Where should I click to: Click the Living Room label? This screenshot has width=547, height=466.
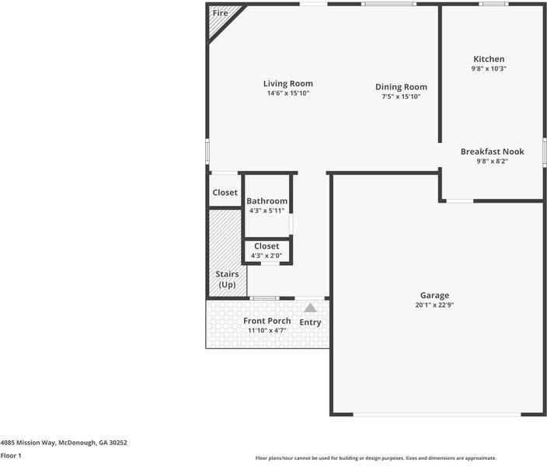click(287, 83)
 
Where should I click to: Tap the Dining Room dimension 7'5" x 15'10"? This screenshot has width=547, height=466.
click(401, 97)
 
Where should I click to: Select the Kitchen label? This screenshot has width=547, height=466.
click(489, 59)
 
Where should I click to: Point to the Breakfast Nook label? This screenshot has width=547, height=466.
click(492, 151)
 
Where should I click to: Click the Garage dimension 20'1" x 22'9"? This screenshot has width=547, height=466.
click(434, 305)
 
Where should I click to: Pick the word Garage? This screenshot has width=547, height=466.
click(434, 295)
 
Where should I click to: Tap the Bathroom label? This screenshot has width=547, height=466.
click(267, 201)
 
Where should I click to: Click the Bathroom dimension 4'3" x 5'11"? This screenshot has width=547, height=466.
click(267, 210)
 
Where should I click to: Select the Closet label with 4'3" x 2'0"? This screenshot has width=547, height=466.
click(267, 246)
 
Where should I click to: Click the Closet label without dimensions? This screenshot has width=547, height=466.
click(225, 193)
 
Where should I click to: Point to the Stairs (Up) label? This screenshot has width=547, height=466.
click(227, 280)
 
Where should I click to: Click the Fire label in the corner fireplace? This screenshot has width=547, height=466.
click(220, 13)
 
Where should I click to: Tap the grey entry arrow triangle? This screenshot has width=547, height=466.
click(310, 308)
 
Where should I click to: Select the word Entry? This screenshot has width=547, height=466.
click(310, 322)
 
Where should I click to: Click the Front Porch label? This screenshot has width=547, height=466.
click(267, 321)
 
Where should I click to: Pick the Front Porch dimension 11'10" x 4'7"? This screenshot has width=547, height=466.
click(267, 331)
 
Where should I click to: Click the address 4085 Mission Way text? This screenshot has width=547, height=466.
click(64, 443)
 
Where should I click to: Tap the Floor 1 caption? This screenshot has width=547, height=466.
click(11, 456)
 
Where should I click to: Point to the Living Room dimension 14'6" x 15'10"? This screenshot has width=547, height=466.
click(287, 93)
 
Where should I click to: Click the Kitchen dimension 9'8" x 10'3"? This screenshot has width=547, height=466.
click(489, 69)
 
